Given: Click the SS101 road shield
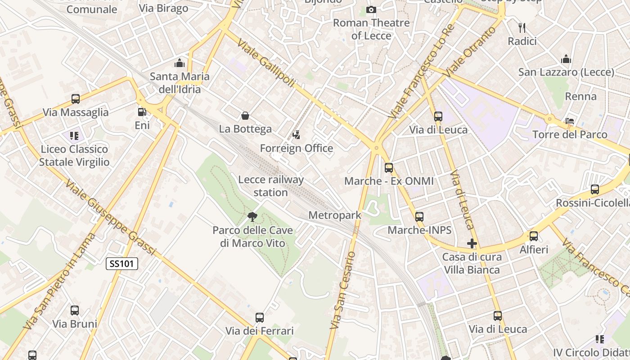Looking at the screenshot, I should pos(122,264).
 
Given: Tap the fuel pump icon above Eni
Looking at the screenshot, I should pos(142,112).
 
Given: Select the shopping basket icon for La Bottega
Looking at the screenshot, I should pos(245,116).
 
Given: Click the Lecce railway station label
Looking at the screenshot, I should pos(270,186).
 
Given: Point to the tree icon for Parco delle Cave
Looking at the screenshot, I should pos(252,217).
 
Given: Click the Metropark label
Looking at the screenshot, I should pos(334,216).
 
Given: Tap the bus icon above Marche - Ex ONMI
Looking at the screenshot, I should pos(389,168).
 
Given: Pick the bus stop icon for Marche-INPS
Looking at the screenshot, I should pos(419,217).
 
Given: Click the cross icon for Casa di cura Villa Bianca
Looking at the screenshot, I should pos(472,244).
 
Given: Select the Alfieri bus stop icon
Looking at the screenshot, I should pos(534,236).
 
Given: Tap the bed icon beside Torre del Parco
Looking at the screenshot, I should pos(570,121).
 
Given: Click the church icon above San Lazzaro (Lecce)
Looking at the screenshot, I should pos(566,59).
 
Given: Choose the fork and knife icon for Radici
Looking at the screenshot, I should pos(522,28).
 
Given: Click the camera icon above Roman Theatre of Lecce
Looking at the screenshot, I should pos(371,9).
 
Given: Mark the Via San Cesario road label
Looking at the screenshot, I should pos(342,290).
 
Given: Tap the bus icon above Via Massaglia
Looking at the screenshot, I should pos(76,99).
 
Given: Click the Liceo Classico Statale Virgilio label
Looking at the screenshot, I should pos(74,156).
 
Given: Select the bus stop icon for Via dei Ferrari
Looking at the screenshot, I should pos(260,318).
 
